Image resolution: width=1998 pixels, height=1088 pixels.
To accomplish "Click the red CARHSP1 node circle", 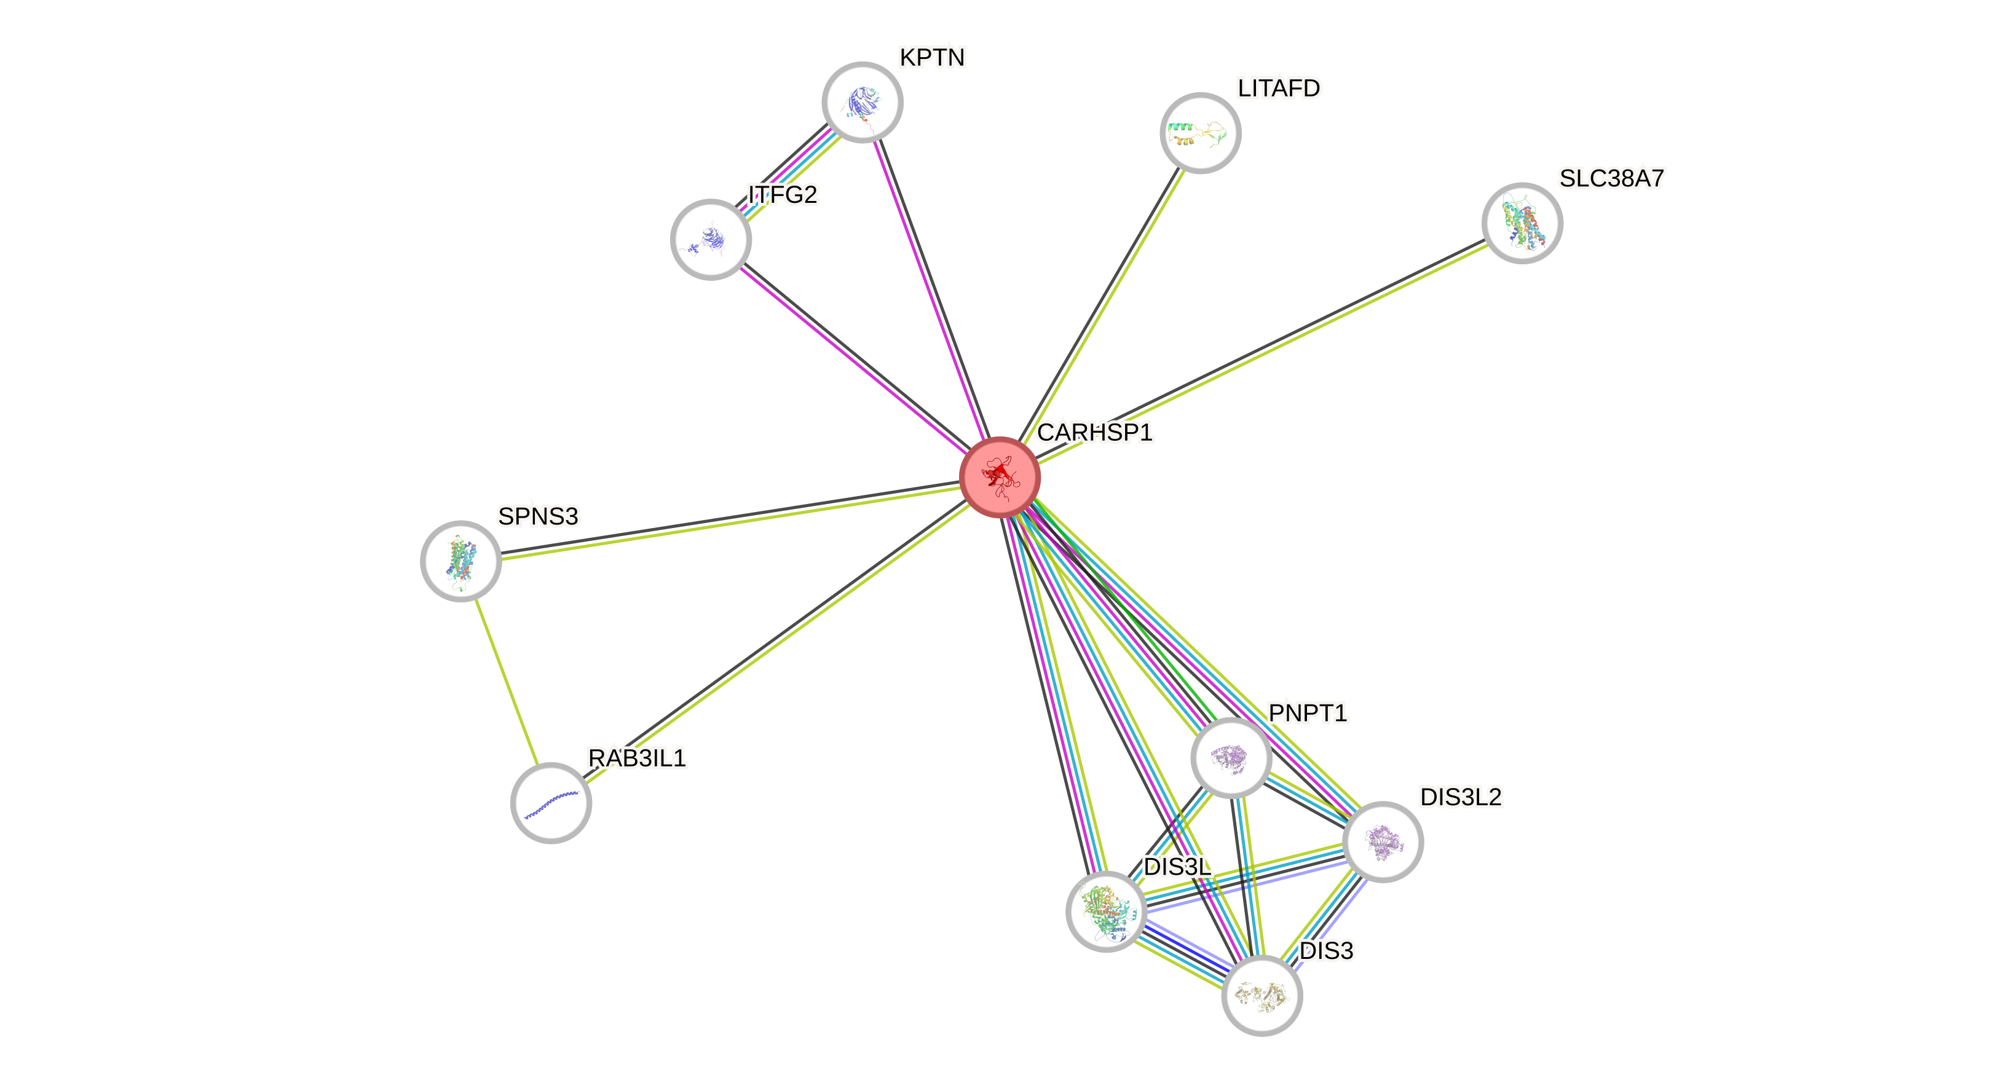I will click(999, 477).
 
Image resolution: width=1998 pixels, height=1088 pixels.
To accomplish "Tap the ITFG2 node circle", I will click(711, 240).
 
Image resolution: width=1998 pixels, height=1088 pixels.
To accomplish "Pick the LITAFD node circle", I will click(1200, 133).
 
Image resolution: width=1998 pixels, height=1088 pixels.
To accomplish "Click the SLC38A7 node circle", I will click(1522, 223).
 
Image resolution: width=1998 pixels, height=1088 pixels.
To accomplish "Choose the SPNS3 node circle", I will click(460, 561).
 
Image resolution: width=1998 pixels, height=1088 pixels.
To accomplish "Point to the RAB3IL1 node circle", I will click(551, 803).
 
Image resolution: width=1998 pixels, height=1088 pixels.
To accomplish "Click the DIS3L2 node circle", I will click(1382, 842).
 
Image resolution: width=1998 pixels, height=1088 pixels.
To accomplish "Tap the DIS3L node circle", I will click(1106, 911).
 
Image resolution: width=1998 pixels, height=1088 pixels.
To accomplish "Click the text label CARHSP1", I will click(1094, 432).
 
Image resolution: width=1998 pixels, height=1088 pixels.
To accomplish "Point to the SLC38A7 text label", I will click(1612, 178).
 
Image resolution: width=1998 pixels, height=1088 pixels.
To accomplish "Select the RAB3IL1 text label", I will click(637, 758).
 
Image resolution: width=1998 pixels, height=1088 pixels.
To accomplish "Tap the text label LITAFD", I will click(1278, 89).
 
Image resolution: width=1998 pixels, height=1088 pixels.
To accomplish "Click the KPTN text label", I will click(931, 57).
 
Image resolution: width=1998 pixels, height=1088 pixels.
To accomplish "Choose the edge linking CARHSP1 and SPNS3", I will click(729, 522).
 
